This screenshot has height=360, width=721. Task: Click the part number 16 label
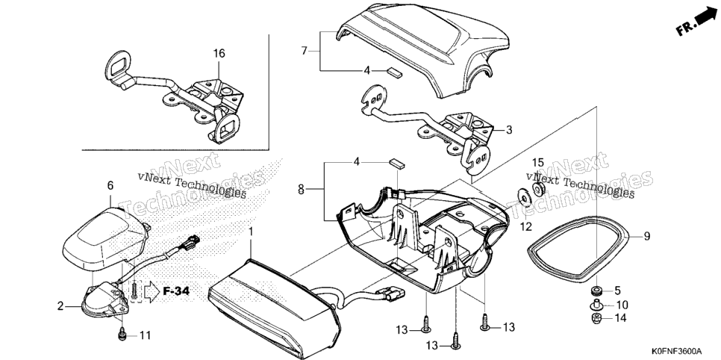(219, 53)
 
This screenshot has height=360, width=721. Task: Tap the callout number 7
(304, 51)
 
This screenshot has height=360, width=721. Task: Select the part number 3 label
(509, 130)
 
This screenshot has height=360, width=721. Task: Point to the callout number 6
(110, 185)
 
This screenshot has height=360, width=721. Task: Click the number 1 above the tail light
(251, 232)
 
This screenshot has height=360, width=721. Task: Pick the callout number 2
(60, 306)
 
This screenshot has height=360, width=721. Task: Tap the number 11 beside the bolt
(145, 336)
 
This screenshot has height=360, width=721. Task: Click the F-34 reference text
(176, 291)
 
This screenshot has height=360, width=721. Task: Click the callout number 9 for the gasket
(647, 237)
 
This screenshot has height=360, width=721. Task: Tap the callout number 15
(538, 163)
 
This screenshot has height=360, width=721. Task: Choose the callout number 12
(525, 226)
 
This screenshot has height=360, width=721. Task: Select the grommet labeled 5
(597, 291)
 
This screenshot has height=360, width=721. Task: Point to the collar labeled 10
(596, 304)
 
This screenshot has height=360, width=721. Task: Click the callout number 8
(301, 189)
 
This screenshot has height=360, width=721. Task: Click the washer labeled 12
(524, 196)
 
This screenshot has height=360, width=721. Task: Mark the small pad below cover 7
(393, 71)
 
